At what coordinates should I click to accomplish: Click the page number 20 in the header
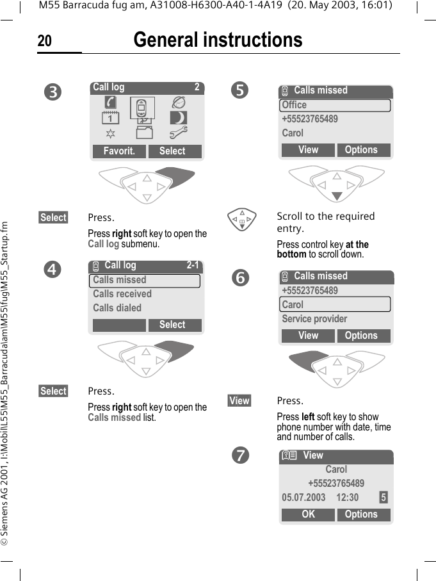[45, 42]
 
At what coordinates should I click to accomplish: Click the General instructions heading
[218, 40]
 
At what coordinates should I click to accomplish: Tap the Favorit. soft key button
[119, 151]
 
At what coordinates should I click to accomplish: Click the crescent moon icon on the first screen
[179, 118]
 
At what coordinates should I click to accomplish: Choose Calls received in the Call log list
[122, 294]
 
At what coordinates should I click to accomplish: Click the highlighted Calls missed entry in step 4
[146, 281]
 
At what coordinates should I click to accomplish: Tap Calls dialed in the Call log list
[117, 308]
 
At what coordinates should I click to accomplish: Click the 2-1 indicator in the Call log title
[193, 265]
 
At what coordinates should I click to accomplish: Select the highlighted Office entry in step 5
[335, 105]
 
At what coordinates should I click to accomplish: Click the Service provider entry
[314, 319]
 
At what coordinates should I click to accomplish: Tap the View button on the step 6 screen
[308, 336]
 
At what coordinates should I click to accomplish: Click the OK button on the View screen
[308, 514]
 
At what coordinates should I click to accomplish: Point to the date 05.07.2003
[303, 498]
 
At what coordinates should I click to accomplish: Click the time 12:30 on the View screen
[348, 498]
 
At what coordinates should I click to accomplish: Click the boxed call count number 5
[383, 498]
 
